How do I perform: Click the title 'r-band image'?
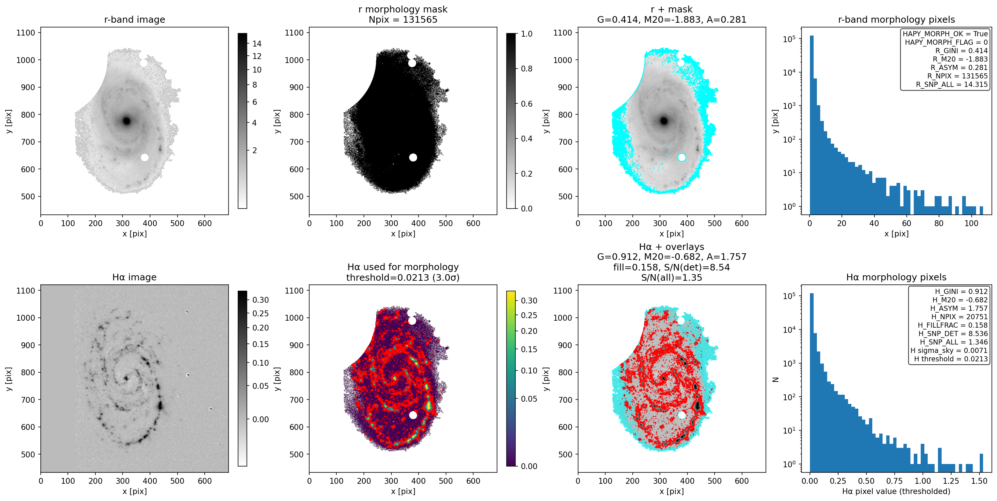134,19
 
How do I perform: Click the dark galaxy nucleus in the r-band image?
126,121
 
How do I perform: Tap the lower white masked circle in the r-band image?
145,157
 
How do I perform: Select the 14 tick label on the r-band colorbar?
257,44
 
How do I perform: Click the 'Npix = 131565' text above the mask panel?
403,19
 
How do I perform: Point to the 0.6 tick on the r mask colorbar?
526,104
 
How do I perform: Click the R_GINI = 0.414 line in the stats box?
961,51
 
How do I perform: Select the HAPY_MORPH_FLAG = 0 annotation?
946,42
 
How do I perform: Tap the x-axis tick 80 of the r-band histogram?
939,223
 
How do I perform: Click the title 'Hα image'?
134,277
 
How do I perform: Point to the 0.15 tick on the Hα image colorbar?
260,344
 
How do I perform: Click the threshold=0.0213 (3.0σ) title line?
403,277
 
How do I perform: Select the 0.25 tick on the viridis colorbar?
529,315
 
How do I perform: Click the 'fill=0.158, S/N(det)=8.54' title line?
672,267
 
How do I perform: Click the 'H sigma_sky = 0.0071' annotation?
949,350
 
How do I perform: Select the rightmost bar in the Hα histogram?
981,463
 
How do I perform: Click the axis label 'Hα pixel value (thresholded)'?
896,491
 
